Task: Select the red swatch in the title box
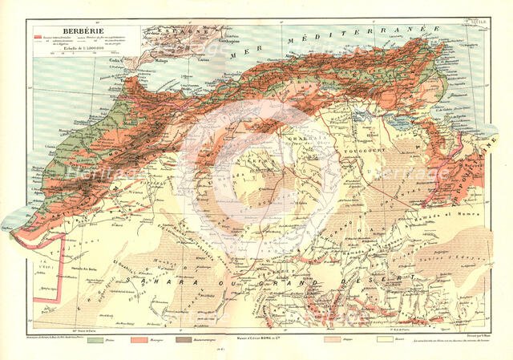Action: pos(39,37)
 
